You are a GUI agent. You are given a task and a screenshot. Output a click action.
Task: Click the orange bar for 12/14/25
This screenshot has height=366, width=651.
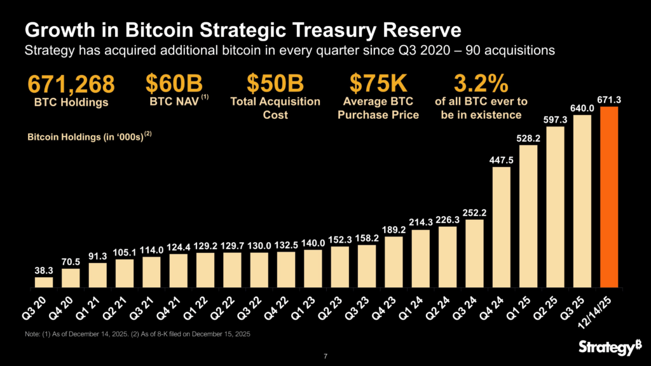[x=610, y=197]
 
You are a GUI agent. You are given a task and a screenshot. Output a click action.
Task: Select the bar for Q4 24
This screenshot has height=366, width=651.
[x=502, y=227]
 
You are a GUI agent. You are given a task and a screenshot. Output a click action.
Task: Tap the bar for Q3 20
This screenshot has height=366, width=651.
[x=44, y=282]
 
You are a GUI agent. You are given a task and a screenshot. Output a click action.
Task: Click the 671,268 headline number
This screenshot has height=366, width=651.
[x=71, y=84]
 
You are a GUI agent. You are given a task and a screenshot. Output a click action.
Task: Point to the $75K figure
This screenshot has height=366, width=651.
[x=380, y=84]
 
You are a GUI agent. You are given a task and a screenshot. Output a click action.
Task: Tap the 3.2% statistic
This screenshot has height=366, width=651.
[x=481, y=84]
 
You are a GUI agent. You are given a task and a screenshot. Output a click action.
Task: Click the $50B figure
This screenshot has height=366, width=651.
[x=275, y=84]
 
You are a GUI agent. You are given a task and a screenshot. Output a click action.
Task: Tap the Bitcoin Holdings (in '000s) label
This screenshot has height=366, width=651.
[x=89, y=136]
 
